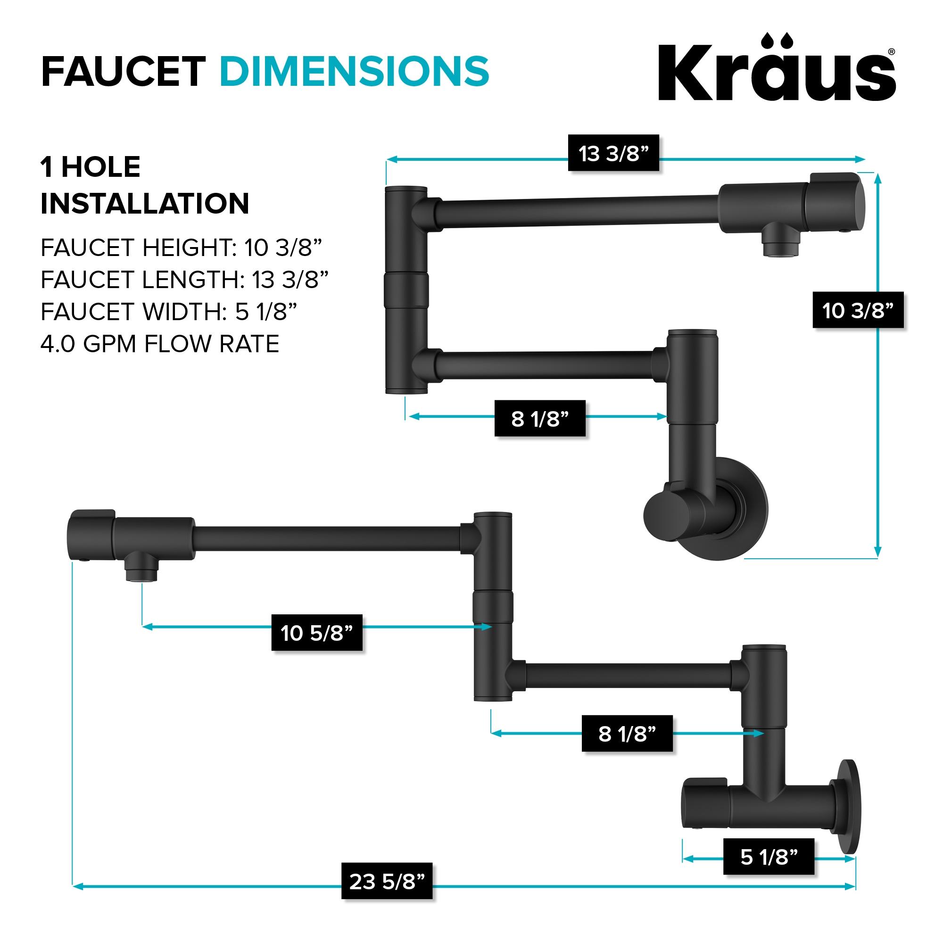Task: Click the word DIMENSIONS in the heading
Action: point(355,71)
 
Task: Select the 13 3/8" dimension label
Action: point(613,153)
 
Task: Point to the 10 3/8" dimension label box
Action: point(858,310)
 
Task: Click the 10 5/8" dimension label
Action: point(317,633)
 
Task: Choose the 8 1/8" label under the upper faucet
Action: point(540,418)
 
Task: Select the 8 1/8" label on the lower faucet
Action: point(627,734)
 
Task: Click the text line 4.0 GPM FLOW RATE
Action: point(160,344)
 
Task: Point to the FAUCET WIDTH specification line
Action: point(169,311)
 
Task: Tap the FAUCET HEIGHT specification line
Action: point(182,248)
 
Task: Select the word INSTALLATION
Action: point(145,203)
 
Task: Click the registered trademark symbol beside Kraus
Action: point(891,52)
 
